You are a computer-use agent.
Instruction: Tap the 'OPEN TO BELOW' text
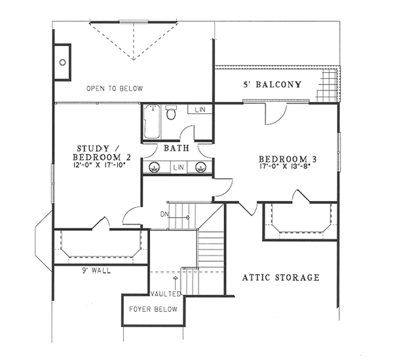pyautogui.click(x=114, y=89)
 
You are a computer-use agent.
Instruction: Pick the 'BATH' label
pyautogui.click(x=177, y=149)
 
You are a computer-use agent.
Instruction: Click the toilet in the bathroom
pyautogui.click(x=172, y=114)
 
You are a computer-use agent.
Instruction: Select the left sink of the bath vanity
pyautogui.click(x=156, y=167)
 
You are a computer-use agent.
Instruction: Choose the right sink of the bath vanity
pyautogui.click(x=202, y=167)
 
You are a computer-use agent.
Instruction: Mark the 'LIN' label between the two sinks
pyautogui.click(x=179, y=168)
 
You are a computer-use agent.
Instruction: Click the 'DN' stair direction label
pyautogui.click(x=164, y=214)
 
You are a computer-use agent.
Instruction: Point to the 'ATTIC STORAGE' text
pyautogui.click(x=281, y=277)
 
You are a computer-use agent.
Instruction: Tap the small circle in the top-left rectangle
pyautogui.click(x=63, y=62)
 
